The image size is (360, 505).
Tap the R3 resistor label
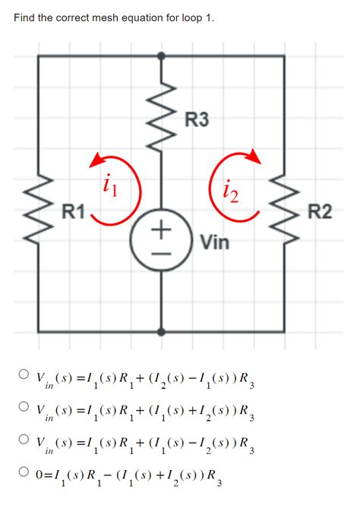click(197, 119)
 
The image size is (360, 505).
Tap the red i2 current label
click(229, 195)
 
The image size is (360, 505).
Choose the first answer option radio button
click(25, 375)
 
